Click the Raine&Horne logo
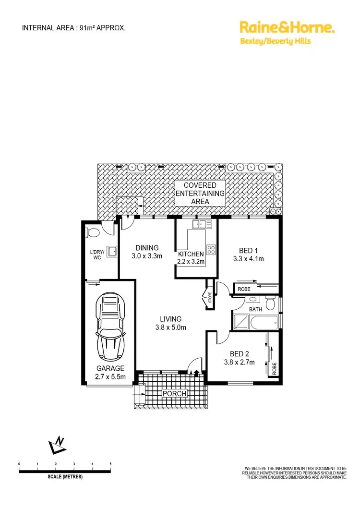point(287,28)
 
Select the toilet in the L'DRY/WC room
point(93,233)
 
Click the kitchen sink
point(199,224)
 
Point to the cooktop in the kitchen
point(211,249)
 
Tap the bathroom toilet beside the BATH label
point(270,304)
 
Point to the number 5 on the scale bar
point(110,464)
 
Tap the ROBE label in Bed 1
point(244,289)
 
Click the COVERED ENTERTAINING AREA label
point(200,193)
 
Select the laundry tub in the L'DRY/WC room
point(112,251)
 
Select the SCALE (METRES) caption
point(65,477)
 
